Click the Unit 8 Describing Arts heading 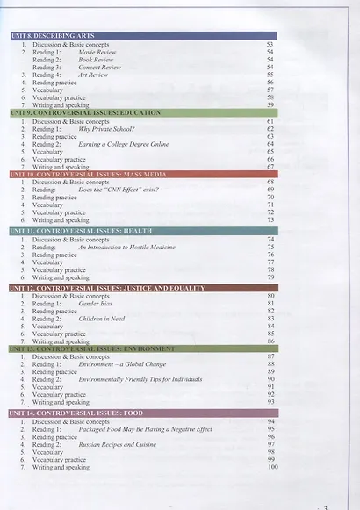pyautogui.click(x=53, y=35)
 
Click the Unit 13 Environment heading pyautogui.click(x=92, y=348)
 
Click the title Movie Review pyautogui.click(x=98, y=52)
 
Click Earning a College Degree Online pyautogui.click(x=122, y=144)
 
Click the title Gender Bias pyautogui.click(x=95, y=304)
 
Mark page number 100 pyautogui.click(x=271, y=468)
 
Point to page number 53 pyautogui.click(x=270, y=44)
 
